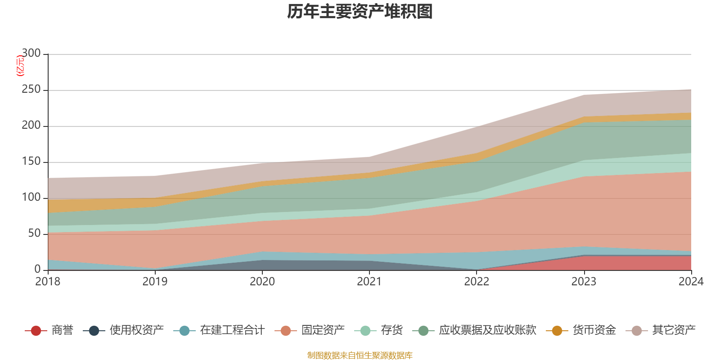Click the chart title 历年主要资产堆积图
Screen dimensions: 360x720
360,12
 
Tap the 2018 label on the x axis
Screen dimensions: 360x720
48,282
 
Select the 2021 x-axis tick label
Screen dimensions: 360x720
369,282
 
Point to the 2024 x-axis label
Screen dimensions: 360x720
691,282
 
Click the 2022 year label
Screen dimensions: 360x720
477,282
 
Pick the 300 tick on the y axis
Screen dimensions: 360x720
31,54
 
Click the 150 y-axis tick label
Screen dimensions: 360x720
31,162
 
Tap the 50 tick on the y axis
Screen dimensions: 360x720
34,234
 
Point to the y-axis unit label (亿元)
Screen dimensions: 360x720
20,66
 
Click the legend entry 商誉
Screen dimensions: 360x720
62,330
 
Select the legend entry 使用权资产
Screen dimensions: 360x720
136,330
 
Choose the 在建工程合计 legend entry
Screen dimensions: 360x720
232,330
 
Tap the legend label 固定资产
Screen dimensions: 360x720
323,330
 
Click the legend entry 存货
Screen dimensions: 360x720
391,330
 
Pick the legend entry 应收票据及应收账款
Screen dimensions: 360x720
487,330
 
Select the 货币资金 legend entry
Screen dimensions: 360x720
594,330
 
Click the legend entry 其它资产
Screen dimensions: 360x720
674,330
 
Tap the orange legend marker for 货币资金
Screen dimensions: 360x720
557,331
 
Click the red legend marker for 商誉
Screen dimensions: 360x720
36,331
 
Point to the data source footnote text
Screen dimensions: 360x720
360,355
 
